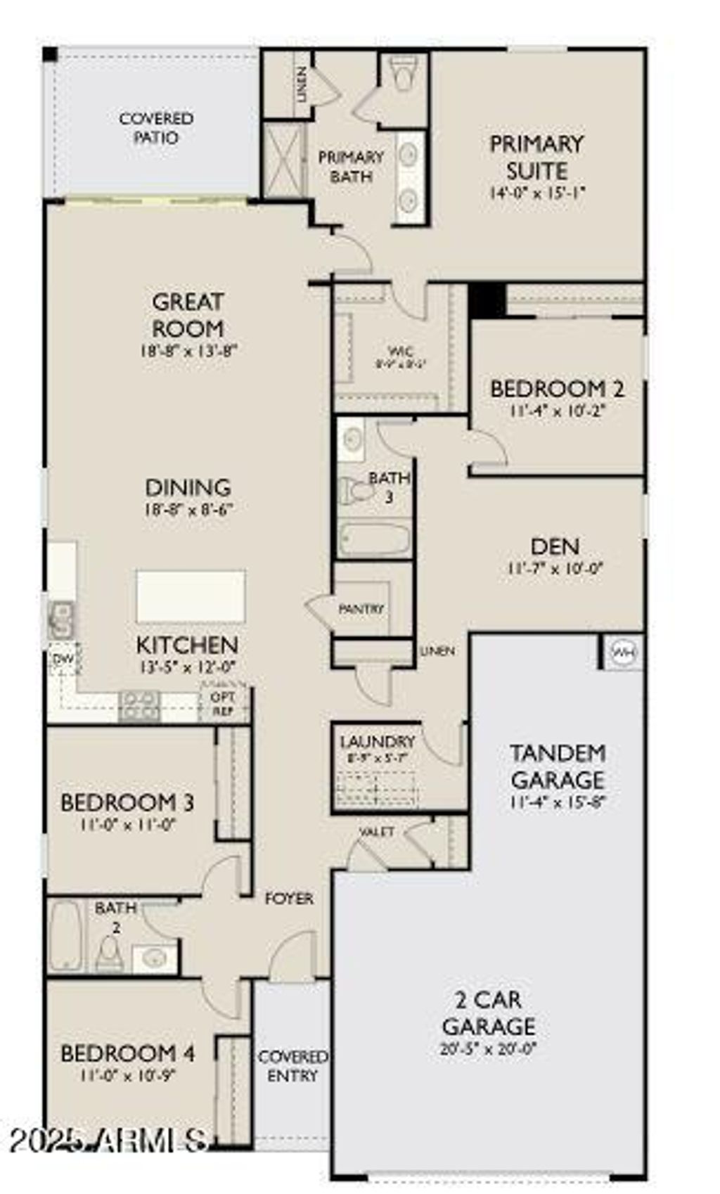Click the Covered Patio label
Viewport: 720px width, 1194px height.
(x=156, y=128)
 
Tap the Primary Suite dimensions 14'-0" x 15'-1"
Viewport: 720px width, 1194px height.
(x=538, y=193)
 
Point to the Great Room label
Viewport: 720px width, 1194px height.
(x=188, y=315)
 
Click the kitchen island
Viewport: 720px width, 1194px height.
(x=191, y=596)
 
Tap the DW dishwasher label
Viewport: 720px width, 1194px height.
(x=63, y=659)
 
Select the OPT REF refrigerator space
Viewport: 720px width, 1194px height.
(x=224, y=702)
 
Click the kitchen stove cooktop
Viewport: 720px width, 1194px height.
(x=139, y=706)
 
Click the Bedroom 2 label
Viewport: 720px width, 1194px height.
(x=557, y=388)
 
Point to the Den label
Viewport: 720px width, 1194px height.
(x=555, y=546)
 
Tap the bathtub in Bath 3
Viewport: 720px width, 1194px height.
(x=374, y=540)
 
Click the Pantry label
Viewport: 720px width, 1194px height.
(x=361, y=609)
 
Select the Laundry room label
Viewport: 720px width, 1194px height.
(x=377, y=742)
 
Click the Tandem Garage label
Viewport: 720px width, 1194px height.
(x=558, y=766)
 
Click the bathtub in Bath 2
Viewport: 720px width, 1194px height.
(x=65, y=936)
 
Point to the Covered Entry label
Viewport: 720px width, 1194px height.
(x=292, y=1066)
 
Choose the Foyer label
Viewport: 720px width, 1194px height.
(x=289, y=899)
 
